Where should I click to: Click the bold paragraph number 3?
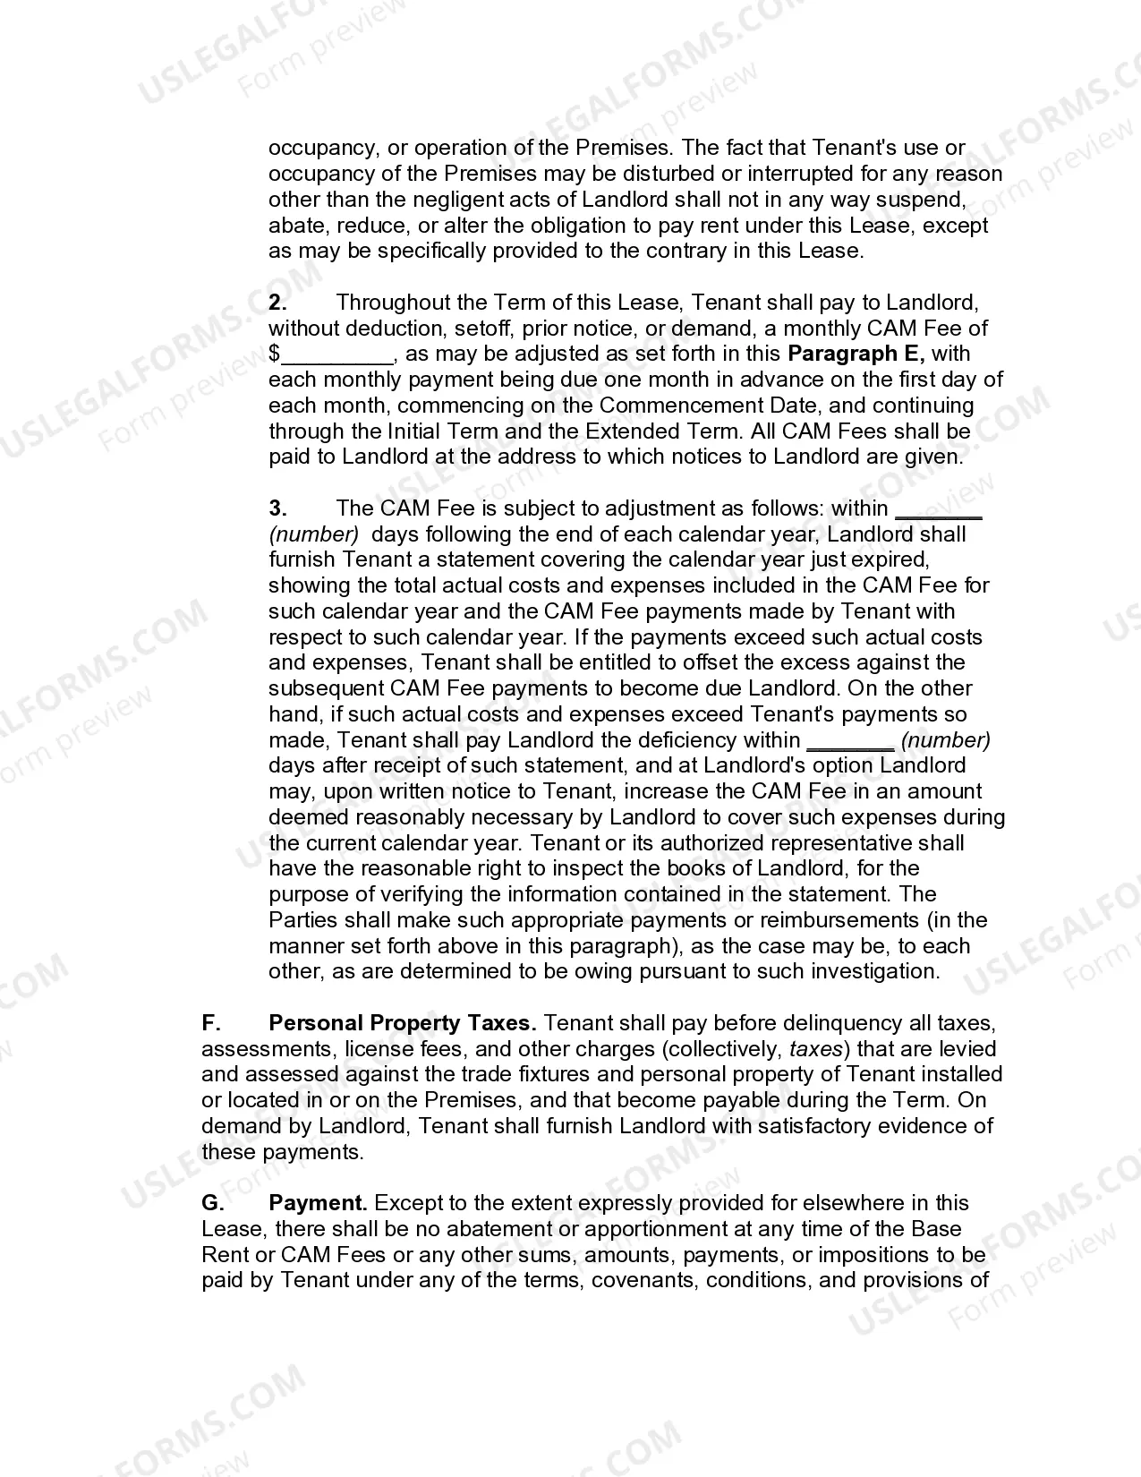[x=277, y=508]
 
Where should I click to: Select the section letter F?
[x=210, y=1023]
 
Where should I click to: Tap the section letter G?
[x=212, y=1203]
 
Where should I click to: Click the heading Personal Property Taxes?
[x=403, y=1023]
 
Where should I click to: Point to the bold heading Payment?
[x=319, y=1203]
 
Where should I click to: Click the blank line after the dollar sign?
[x=337, y=354]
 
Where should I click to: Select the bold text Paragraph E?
[x=856, y=354]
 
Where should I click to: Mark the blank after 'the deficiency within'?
[x=850, y=741]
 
